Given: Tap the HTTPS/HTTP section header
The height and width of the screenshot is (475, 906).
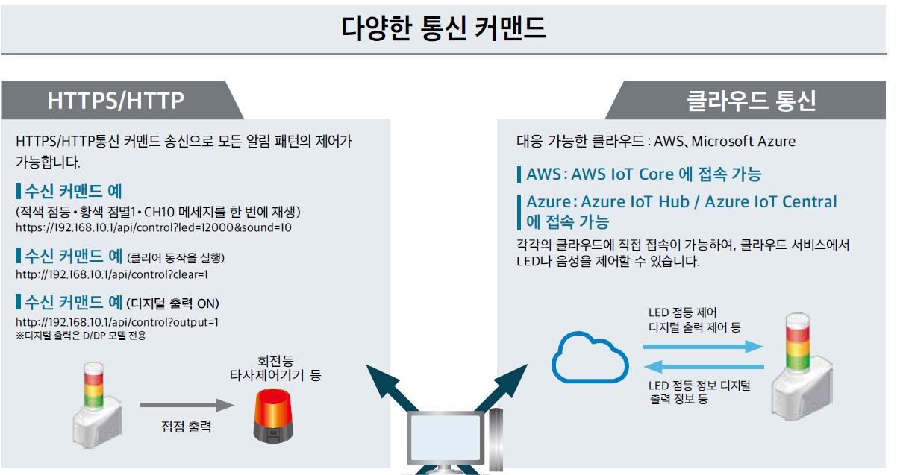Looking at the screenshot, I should (x=116, y=101).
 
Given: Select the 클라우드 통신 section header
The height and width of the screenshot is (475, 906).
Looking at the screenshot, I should (x=751, y=101).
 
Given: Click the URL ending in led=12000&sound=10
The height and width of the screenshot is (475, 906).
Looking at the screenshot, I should (x=154, y=227).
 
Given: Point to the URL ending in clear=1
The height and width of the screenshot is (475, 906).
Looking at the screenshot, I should (x=112, y=274).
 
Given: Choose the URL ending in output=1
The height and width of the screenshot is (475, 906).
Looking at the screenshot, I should (x=117, y=322).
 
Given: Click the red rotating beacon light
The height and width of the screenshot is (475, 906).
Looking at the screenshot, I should (x=274, y=420).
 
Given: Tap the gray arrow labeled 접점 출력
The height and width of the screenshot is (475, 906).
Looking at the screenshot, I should (x=187, y=406).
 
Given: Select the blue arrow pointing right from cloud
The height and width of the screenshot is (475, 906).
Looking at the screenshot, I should (x=703, y=347).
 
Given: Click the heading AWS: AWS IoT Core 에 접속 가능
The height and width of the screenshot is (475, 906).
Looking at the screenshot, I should (x=643, y=174).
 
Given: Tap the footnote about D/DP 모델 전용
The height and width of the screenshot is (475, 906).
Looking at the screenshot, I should (x=81, y=336).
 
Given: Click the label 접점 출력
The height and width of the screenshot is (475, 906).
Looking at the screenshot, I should (x=187, y=427).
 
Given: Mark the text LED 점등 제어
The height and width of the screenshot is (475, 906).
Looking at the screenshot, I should (x=682, y=313).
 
